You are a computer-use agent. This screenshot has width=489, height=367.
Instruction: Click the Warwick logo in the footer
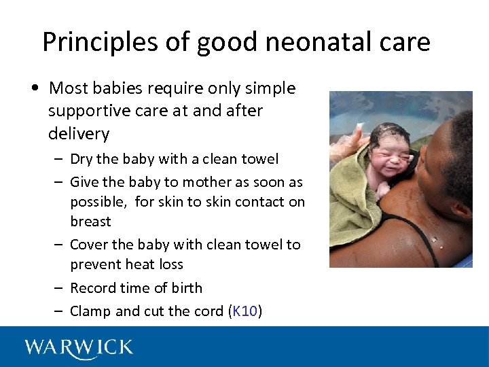79,348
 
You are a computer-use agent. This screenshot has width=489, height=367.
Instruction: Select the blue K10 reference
244,311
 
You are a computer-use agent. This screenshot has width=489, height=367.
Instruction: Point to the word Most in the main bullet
67,88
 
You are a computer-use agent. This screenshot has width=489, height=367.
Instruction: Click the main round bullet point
33,89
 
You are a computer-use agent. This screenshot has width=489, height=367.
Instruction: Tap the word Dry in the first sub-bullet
81,159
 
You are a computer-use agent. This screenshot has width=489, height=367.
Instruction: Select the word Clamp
90,311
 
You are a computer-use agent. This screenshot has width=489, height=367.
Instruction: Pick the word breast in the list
90,222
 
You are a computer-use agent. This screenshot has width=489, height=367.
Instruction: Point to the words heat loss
155,264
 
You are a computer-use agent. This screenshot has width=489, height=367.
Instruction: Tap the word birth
187,288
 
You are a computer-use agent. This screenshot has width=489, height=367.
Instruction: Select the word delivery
79,133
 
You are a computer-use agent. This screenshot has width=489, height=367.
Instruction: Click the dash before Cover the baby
60,245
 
